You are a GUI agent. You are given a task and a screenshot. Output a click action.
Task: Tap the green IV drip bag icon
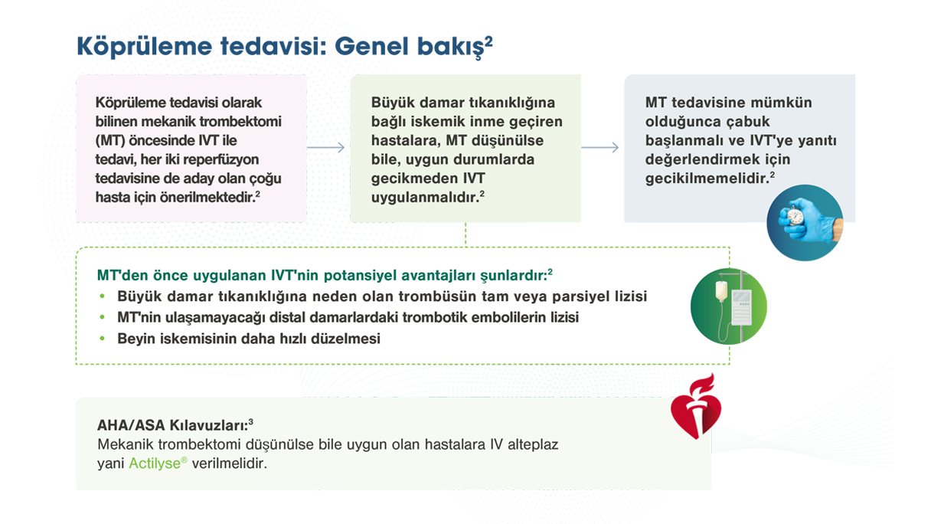728,306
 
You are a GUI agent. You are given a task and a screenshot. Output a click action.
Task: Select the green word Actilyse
158,463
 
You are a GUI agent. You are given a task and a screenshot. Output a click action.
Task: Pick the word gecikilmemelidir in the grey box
705,178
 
